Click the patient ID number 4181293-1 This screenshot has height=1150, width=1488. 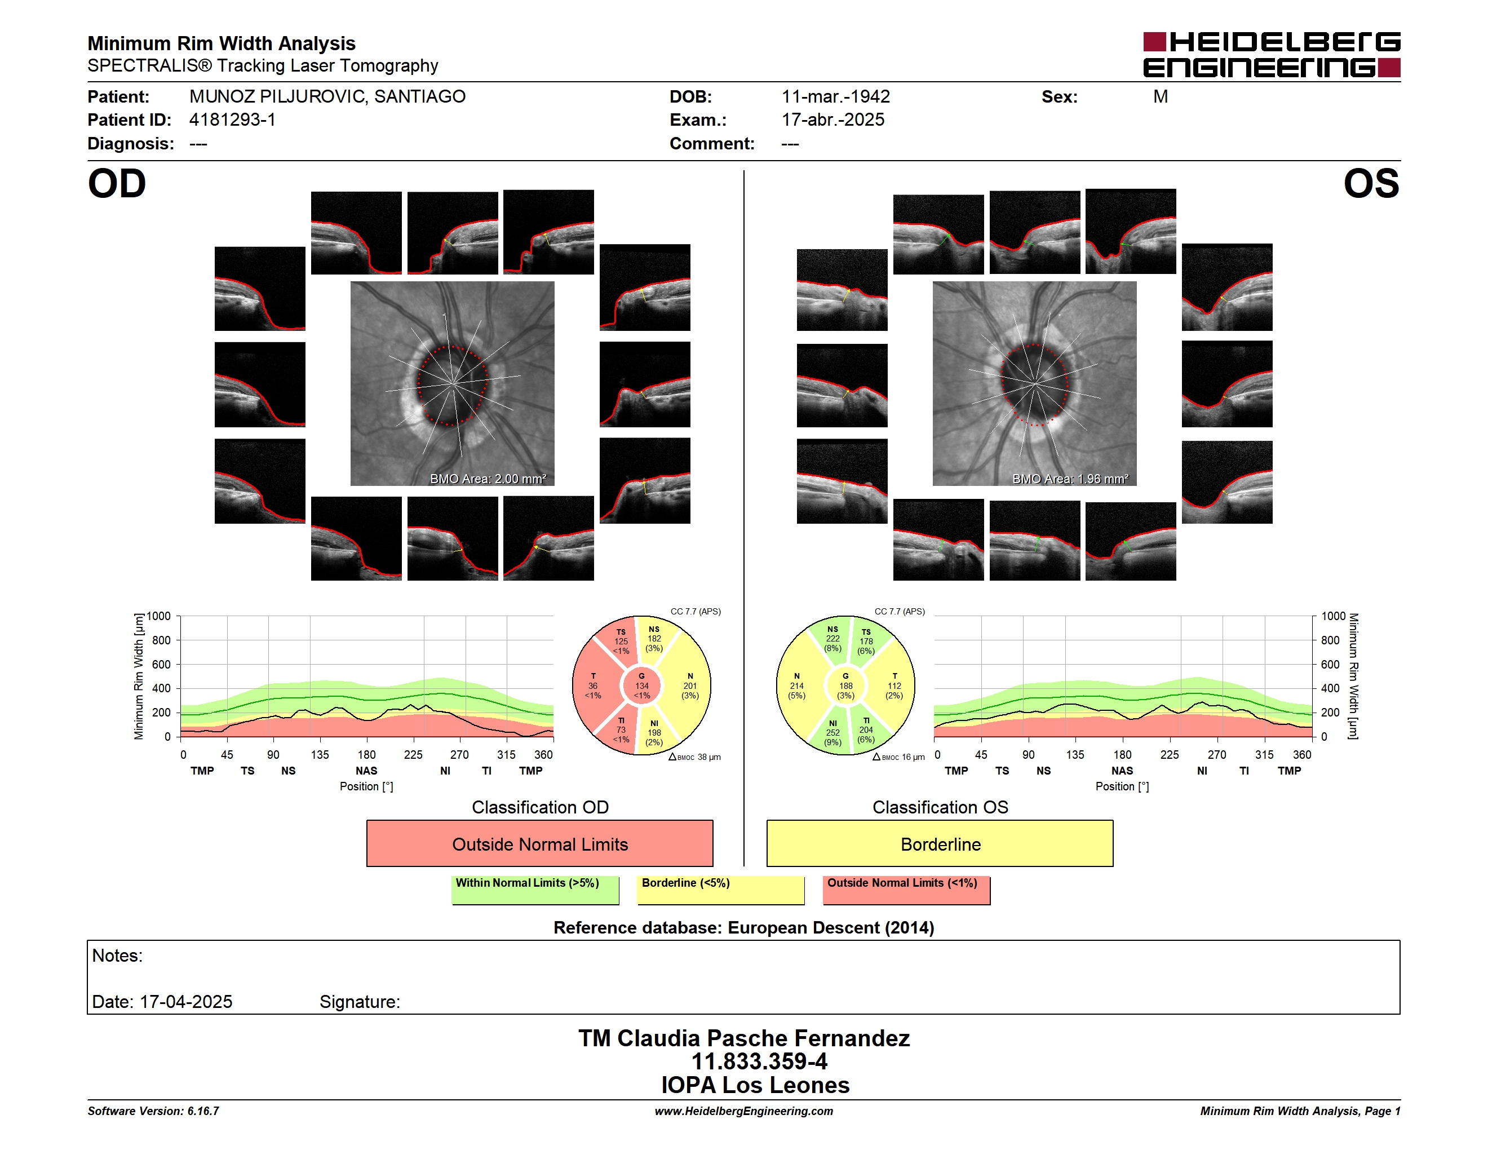tap(232, 120)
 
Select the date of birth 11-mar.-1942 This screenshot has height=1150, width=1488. tap(835, 97)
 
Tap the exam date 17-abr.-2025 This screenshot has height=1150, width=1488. tap(832, 120)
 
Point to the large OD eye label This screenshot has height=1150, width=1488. tap(117, 184)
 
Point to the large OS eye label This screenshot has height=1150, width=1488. tap(1371, 184)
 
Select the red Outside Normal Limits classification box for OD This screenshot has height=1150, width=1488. tap(539, 843)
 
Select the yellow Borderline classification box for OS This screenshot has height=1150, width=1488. tap(940, 843)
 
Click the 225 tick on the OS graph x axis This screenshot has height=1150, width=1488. tap(1169, 754)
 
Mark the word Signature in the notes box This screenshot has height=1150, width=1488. tap(360, 1002)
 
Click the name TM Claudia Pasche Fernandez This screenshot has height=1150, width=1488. tap(744, 1038)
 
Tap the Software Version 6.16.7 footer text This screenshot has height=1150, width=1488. tap(153, 1111)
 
